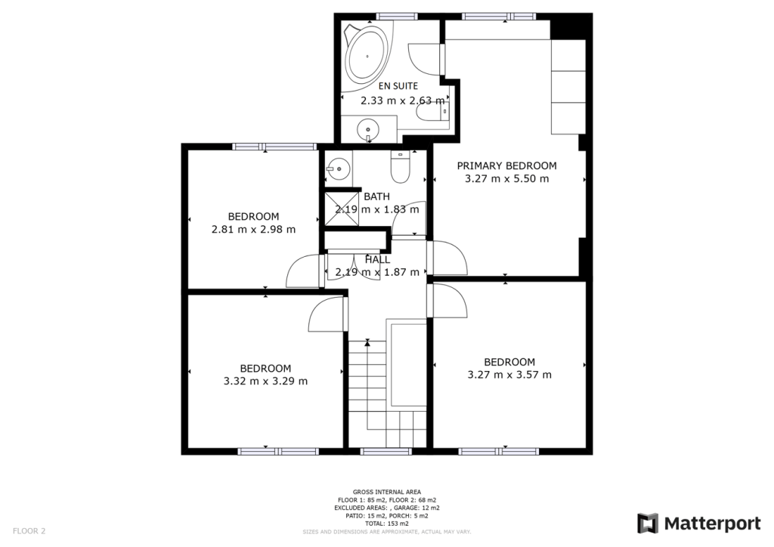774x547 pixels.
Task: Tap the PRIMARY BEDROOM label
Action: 506,165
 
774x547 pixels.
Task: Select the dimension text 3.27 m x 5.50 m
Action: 506,179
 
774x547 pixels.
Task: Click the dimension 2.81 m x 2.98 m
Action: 253,230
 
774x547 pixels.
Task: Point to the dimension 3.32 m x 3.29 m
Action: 265,381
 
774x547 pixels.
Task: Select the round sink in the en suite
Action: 368,128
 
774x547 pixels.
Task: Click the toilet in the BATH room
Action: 398,166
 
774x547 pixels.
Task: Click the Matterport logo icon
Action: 649,524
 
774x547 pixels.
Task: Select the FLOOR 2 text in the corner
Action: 29,531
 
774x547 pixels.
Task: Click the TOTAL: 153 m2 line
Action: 387,524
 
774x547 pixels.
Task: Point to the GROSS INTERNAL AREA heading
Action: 387,492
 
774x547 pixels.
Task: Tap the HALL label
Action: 377,259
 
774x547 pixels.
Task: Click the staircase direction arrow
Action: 367,344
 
